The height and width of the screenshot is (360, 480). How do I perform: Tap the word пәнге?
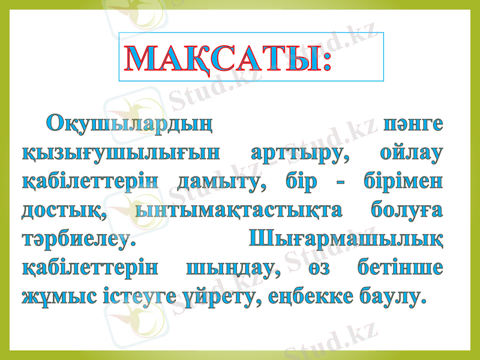click(x=414, y=125)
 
